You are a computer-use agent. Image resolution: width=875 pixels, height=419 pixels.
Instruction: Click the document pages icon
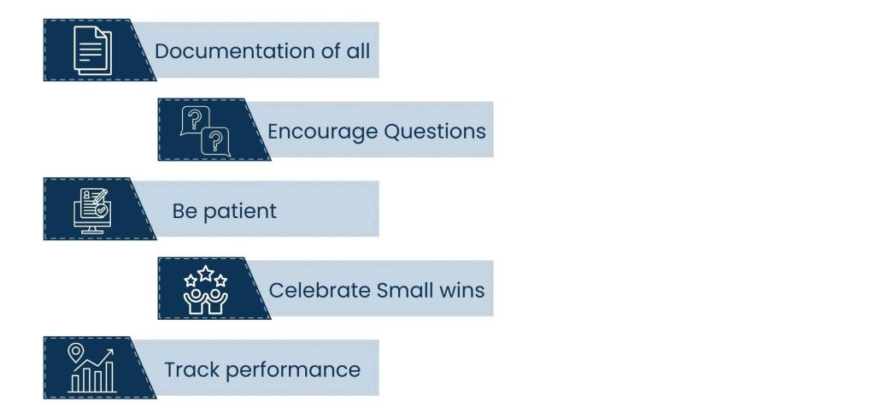click(x=92, y=50)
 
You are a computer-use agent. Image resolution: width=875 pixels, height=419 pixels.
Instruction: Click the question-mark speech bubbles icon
click(x=205, y=132)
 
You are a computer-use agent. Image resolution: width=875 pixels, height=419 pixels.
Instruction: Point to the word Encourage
click(x=323, y=132)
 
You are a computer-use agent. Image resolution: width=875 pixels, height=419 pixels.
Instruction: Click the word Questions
click(x=435, y=132)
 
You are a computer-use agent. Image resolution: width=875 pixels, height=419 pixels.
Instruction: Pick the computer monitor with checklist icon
click(x=92, y=210)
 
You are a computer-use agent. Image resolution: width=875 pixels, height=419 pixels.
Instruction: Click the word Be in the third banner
click(x=185, y=210)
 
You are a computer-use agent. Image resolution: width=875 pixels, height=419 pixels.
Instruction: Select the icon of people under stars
click(x=205, y=289)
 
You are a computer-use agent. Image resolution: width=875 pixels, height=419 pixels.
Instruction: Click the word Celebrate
click(x=320, y=291)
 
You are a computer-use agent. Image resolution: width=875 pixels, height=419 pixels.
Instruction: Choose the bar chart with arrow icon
click(x=92, y=369)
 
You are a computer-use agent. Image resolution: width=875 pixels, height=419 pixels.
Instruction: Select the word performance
click(x=293, y=370)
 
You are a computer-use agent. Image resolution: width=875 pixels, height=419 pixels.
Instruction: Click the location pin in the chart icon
click(x=75, y=352)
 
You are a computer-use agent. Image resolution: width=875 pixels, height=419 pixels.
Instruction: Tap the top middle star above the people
click(x=206, y=273)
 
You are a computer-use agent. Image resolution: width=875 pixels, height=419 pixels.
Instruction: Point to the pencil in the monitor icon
click(x=100, y=196)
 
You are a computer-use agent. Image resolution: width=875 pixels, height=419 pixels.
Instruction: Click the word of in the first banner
click(x=331, y=50)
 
